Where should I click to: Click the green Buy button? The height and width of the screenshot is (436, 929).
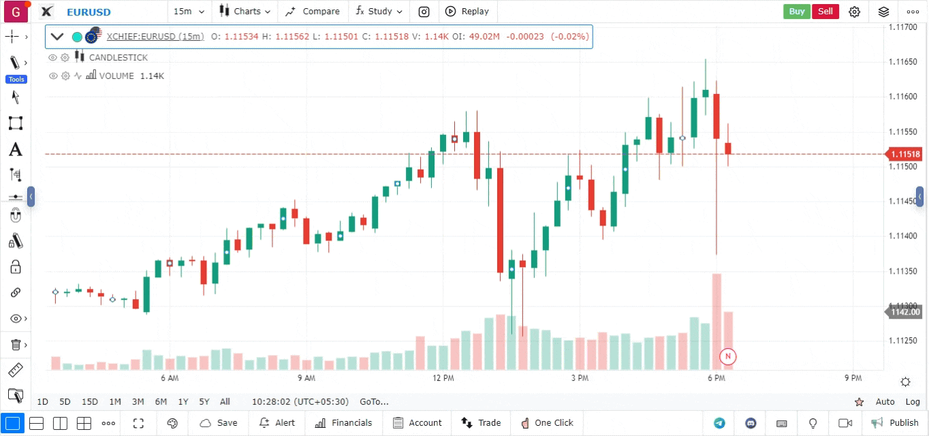pos(797,11)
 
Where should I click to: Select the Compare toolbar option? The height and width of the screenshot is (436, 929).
pos(313,11)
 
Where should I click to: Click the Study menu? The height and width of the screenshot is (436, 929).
pos(379,11)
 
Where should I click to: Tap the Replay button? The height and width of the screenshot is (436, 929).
pos(467,11)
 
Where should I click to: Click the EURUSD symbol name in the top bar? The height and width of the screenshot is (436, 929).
pos(89,12)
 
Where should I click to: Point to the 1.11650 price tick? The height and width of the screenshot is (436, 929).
pos(902,62)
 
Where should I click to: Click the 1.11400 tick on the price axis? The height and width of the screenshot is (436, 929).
pos(902,236)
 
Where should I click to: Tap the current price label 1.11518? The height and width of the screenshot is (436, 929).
pos(905,154)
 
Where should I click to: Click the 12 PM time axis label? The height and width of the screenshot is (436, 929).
pos(443,378)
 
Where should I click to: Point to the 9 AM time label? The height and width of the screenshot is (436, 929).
pos(306,378)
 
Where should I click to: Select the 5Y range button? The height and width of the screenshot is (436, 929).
pos(204,402)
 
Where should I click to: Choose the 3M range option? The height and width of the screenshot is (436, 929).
pos(138,402)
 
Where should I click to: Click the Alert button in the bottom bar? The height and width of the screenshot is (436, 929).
pos(277,423)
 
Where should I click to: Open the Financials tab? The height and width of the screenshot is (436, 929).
pos(344,423)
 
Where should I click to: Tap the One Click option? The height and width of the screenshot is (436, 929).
pos(547,423)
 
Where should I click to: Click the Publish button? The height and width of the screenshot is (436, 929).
pos(896,423)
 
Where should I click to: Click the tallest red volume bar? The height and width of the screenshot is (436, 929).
pos(717,320)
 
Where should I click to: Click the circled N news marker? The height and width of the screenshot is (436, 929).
pos(728,356)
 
